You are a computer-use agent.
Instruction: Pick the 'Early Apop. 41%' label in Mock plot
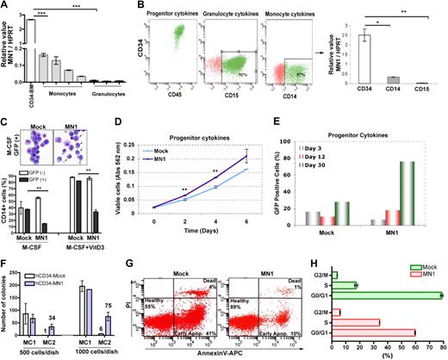(x=190, y=333)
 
